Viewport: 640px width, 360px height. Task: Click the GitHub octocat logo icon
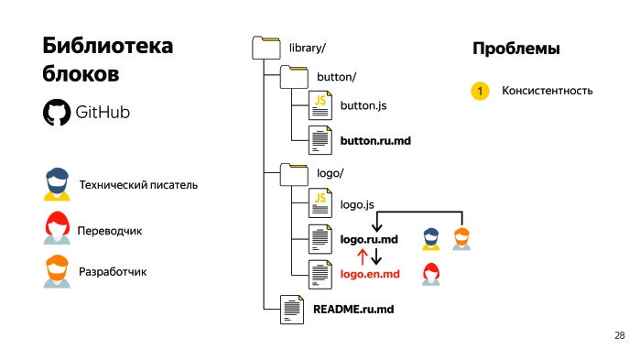click(x=56, y=113)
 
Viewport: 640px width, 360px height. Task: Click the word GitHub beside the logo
click(x=103, y=113)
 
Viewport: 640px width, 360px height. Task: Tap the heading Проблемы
click(x=515, y=49)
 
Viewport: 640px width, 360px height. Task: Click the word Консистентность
click(x=547, y=92)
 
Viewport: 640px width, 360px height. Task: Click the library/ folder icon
click(x=265, y=48)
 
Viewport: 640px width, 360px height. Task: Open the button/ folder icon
click(x=293, y=76)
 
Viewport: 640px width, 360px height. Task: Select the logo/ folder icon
click(x=293, y=172)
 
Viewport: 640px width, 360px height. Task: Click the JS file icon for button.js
click(x=320, y=106)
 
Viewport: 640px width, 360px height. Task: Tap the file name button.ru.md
click(x=371, y=141)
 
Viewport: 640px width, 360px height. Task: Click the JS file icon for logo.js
click(x=320, y=202)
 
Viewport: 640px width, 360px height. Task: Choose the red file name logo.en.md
click(x=370, y=274)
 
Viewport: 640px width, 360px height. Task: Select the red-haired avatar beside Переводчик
click(x=57, y=229)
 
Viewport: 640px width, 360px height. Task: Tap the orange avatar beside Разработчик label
click(x=57, y=272)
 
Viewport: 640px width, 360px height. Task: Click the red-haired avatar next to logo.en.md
click(x=429, y=272)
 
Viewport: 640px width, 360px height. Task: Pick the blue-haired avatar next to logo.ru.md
click(x=430, y=238)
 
